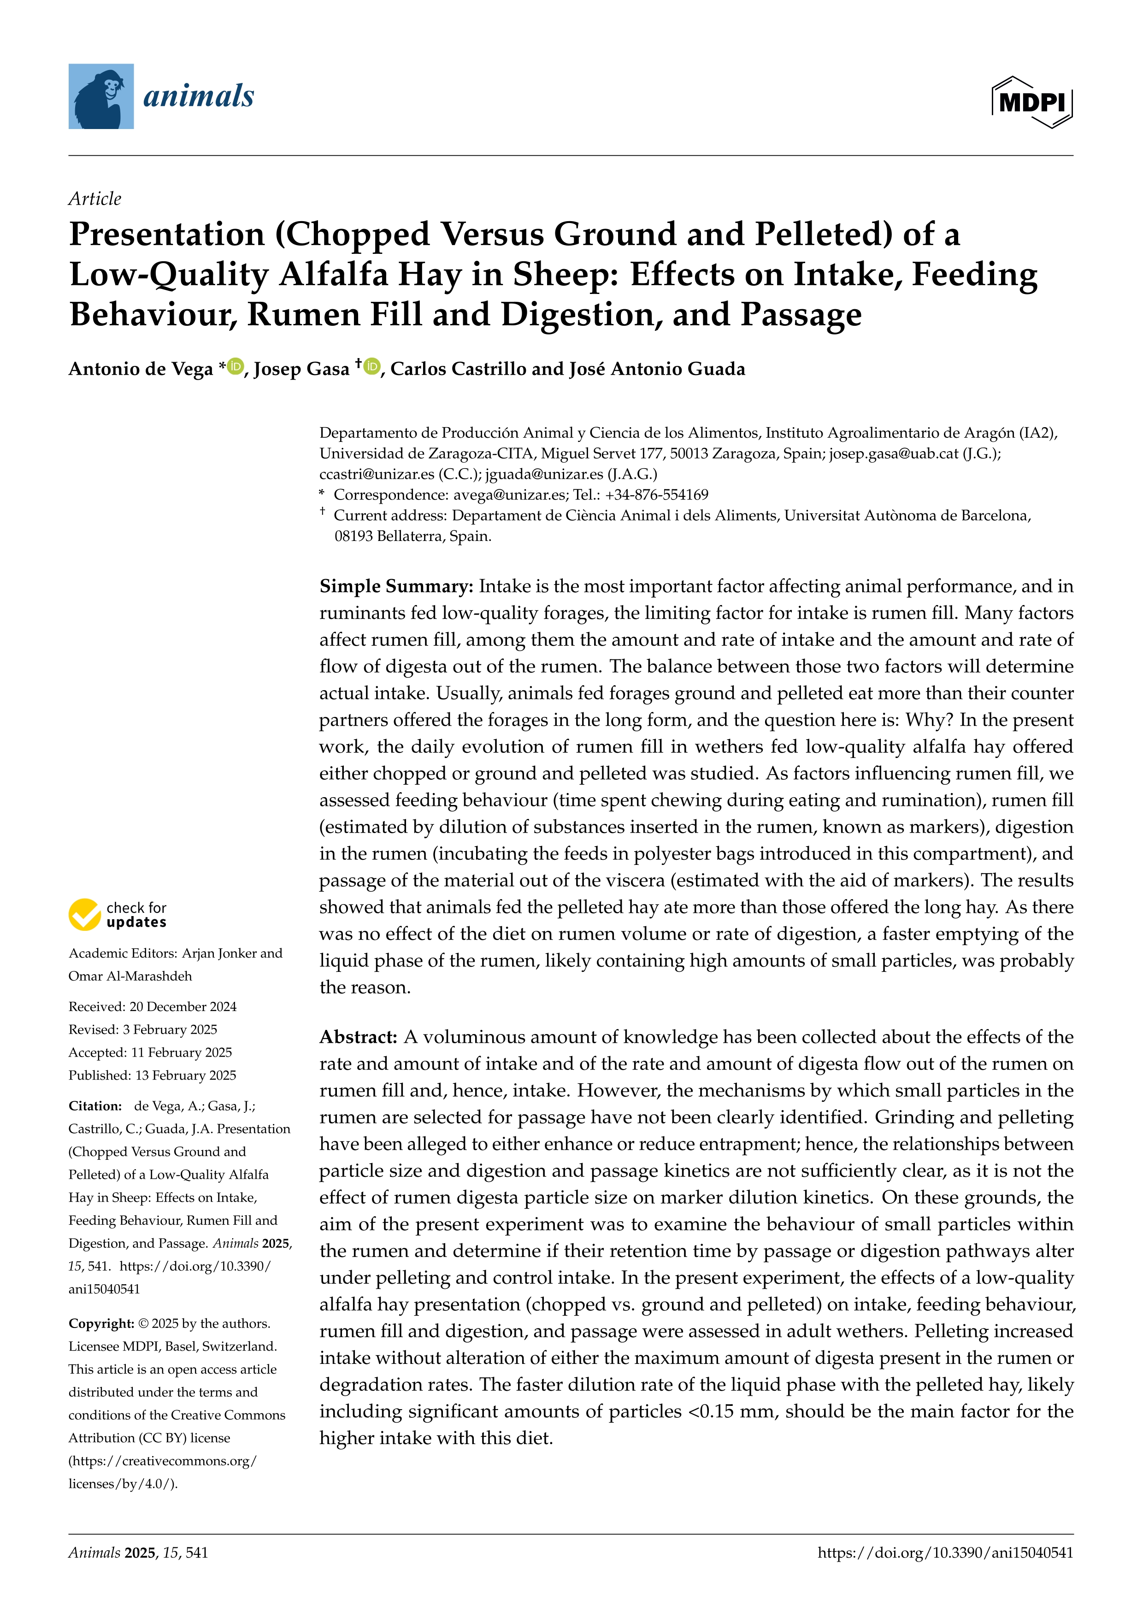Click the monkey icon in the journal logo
tap(100, 96)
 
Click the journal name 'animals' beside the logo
tap(199, 96)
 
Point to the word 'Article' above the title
tap(95, 199)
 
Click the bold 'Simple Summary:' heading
tap(396, 586)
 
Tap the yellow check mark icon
tap(84, 914)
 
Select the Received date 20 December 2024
tap(183, 1006)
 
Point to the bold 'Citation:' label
tap(95, 1106)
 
